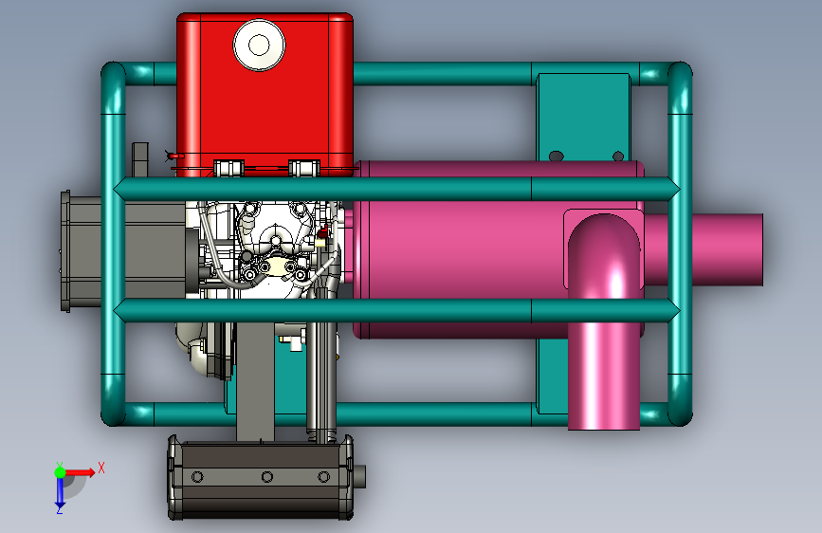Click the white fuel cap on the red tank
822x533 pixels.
(259, 46)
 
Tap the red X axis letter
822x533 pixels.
(101, 468)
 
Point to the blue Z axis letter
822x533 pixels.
(60, 509)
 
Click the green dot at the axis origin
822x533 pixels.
(60, 472)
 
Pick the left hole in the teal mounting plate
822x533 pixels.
(556, 156)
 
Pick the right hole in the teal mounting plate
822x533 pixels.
(618, 156)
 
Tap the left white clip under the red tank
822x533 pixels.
(229, 169)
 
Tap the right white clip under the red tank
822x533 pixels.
(304, 169)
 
